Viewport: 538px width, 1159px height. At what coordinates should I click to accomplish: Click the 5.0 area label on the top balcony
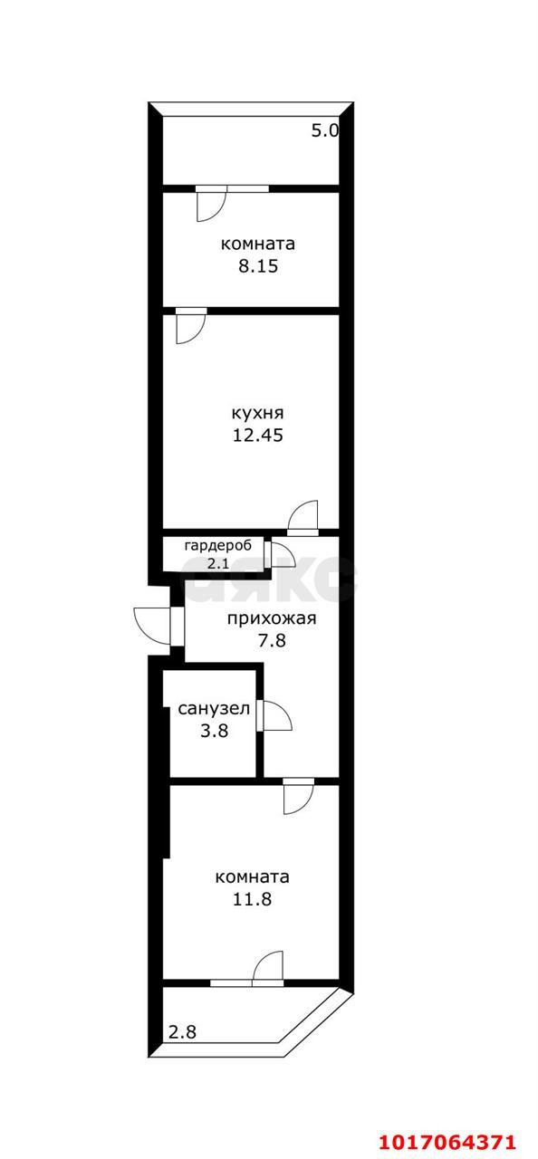(x=324, y=130)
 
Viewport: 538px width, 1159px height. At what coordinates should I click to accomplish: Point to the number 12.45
(x=258, y=435)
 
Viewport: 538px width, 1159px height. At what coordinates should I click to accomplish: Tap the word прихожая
(x=271, y=619)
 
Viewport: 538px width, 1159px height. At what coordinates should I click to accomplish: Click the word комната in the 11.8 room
(x=253, y=876)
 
